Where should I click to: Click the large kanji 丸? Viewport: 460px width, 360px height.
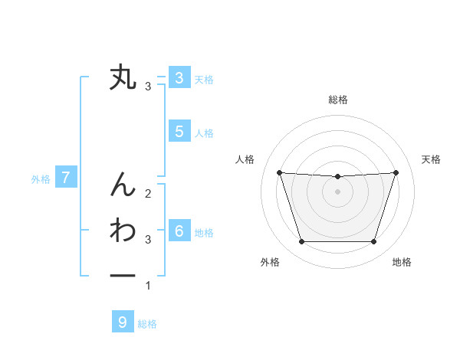pyautogui.click(x=123, y=77)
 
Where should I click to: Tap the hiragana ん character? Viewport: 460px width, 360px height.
pyautogui.click(x=123, y=183)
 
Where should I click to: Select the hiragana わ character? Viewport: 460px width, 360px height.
pyautogui.click(x=123, y=230)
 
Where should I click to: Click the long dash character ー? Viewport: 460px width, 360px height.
pyautogui.click(x=123, y=276)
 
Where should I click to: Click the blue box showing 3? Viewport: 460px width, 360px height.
pyautogui.click(x=179, y=77)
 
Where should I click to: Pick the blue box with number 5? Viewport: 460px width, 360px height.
pyautogui.click(x=179, y=131)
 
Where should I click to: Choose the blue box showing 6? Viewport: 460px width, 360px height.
pyautogui.click(x=179, y=231)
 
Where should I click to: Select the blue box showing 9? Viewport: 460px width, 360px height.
pyautogui.click(x=123, y=322)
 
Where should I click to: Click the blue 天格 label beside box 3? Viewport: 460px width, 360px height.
pyautogui.click(x=204, y=79)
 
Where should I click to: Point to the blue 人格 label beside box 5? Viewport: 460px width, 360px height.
pyautogui.click(x=204, y=133)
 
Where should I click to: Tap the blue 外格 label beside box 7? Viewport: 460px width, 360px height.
pyautogui.click(x=41, y=179)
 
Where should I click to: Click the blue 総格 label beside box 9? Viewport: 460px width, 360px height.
pyautogui.click(x=147, y=324)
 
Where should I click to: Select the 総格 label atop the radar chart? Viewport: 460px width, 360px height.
pyautogui.click(x=337, y=100)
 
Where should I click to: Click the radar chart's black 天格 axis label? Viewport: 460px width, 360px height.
pyautogui.click(x=432, y=159)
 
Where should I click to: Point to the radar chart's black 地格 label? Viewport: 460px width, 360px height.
pyautogui.click(x=402, y=262)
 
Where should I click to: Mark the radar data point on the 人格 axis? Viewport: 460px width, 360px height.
pyautogui.click(x=279, y=172)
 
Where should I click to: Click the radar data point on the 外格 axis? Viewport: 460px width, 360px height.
pyautogui.click(x=301, y=242)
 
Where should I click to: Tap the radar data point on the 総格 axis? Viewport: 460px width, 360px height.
pyautogui.click(x=337, y=176)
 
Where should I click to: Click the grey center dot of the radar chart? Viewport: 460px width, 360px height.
pyautogui.click(x=337, y=191)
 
